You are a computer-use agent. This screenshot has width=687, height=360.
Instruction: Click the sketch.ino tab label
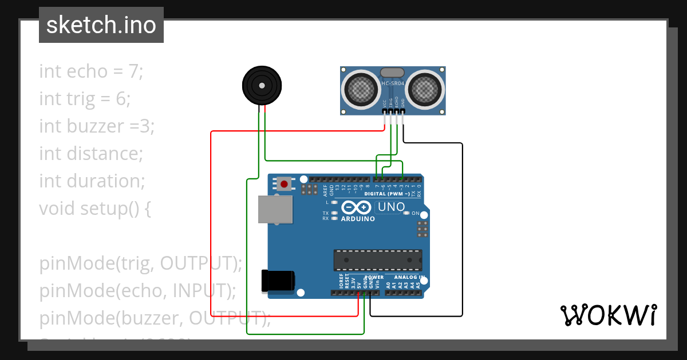[101, 25]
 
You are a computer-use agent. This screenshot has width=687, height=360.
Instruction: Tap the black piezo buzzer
[262, 86]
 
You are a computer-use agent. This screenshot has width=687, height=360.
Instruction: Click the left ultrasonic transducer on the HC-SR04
[361, 89]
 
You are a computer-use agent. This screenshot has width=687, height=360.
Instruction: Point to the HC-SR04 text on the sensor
[393, 84]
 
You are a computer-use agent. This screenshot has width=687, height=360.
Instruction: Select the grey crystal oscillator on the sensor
[393, 72]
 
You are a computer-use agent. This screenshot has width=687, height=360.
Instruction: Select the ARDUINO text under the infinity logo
[358, 219]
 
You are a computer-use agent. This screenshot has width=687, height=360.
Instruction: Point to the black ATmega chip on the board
[378, 260]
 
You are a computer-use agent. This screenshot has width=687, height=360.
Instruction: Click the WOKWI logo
[609, 315]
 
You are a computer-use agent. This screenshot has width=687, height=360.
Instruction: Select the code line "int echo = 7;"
[90, 71]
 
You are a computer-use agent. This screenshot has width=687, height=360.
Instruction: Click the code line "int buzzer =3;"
[97, 126]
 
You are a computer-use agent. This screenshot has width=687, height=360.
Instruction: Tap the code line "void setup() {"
[95, 209]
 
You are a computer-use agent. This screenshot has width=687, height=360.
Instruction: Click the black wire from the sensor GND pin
[462, 229]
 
